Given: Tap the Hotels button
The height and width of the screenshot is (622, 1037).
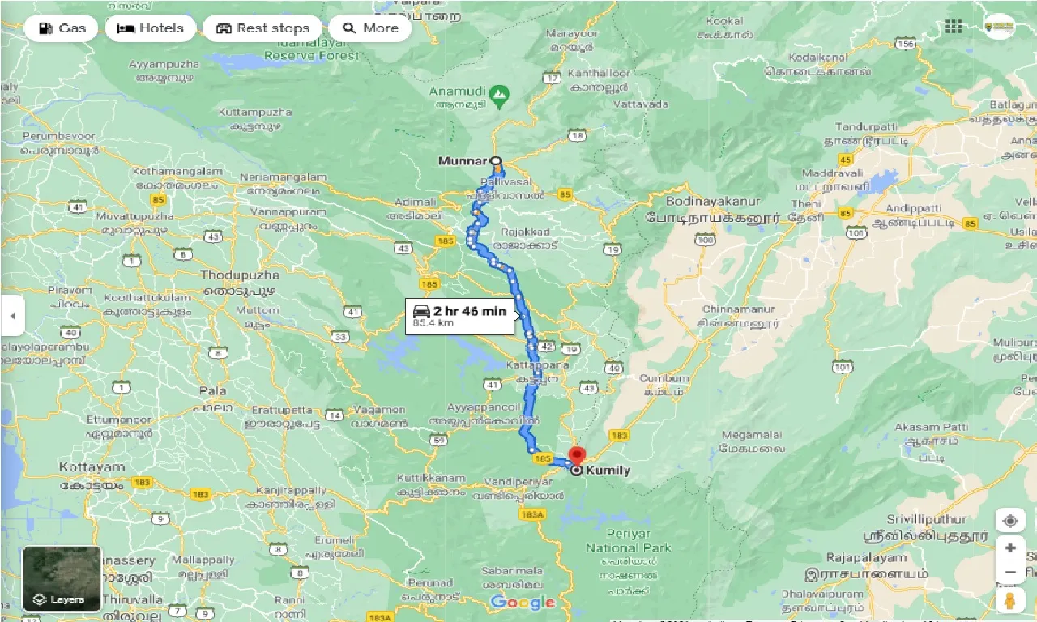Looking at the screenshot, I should pyautogui.click(x=151, y=28).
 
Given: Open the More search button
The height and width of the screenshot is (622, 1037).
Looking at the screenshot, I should pyautogui.click(x=370, y=28).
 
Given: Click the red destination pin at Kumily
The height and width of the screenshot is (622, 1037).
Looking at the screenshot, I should pyautogui.click(x=576, y=455).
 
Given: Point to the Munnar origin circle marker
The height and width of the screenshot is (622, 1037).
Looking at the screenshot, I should pyautogui.click(x=496, y=160).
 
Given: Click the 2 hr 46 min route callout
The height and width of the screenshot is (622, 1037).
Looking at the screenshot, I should pyautogui.click(x=460, y=316).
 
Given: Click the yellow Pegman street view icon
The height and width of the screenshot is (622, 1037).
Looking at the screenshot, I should pyautogui.click(x=1009, y=601).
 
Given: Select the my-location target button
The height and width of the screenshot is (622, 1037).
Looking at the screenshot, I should pyautogui.click(x=1009, y=520).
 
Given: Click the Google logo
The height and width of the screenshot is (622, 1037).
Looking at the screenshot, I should pyautogui.click(x=523, y=603).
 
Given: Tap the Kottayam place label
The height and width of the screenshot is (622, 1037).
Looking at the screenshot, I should pyautogui.click(x=92, y=467).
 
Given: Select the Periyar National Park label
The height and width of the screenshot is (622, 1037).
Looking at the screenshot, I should pyautogui.click(x=628, y=541).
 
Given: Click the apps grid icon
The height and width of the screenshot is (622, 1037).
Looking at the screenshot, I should pyautogui.click(x=954, y=27).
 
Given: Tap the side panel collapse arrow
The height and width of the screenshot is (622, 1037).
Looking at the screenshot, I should pyautogui.click(x=12, y=315).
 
